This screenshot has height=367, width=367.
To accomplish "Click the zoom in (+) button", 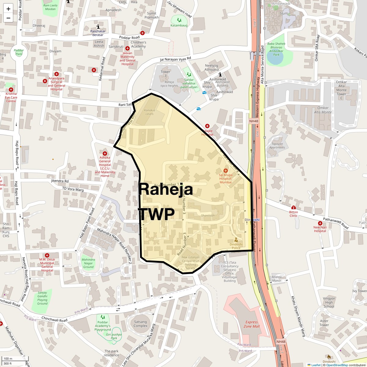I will coord(8,9).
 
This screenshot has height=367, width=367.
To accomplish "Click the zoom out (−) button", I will coord(8,18).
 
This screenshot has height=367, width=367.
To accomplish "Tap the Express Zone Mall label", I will coord(251,324).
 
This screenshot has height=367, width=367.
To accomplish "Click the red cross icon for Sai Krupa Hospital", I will coord(226,170).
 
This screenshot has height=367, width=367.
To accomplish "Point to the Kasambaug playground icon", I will coord(179,20).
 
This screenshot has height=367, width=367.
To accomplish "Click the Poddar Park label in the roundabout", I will coord(19,52).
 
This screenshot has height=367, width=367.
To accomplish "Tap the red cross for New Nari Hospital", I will coord(320,223).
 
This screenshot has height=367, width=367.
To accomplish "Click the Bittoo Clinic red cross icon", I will coord(294,208).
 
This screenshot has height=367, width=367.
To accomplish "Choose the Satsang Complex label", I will coord(140,324).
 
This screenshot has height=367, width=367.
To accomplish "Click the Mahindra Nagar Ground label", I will coord(88,263).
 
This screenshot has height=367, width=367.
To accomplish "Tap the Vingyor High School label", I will coord(329,302).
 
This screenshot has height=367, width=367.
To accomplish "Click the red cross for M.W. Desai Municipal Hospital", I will coord(47,255).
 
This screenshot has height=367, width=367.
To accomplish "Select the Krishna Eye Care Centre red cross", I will coord(11,90).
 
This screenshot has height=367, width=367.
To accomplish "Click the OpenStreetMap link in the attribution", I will coord(337,365).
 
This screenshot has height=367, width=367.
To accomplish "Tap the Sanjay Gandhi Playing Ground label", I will coord(43,298).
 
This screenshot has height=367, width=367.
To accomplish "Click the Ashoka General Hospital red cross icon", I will coord(105,154).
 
